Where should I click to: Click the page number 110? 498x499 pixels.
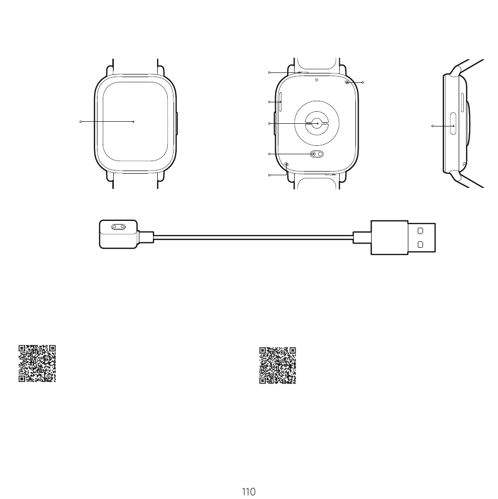pos(248,492)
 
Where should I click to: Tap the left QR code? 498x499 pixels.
pos(37,364)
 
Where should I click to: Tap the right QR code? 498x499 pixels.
pos(278,365)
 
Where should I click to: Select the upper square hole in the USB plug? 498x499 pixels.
pos(420,231)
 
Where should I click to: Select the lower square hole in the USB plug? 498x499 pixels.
pos(420,245)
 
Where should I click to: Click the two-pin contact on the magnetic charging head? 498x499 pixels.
pos(118,227)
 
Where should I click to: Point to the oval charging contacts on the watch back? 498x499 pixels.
pos(317,154)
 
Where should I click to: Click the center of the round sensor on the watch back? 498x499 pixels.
pos(317,123)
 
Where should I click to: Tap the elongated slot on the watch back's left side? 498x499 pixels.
pos(280,102)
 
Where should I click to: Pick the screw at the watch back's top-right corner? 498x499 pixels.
pos(347,82)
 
